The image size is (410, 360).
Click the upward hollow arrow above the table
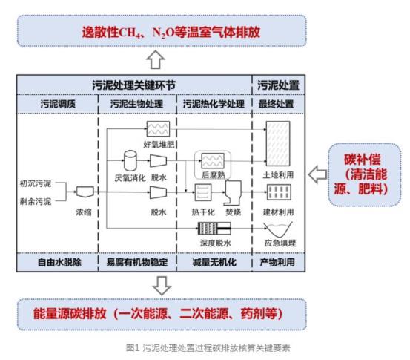click(x=156, y=59)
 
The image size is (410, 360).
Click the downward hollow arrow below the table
click(x=162, y=285)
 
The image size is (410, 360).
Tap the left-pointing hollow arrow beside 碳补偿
click(x=318, y=174)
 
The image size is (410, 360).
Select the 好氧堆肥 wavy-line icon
click(x=158, y=129)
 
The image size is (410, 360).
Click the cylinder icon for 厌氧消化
click(x=130, y=160)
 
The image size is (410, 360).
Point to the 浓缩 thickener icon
click(x=85, y=192)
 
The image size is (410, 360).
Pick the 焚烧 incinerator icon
click(x=233, y=193)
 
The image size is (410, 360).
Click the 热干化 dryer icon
click(x=203, y=192)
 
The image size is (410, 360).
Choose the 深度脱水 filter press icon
click(x=214, y=228)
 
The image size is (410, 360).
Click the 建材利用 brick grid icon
click(x=279, y=192)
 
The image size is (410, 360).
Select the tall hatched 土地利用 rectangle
click(x=278, y=143)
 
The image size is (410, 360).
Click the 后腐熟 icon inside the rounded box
click(x=213, y=161)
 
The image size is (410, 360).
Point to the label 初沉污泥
click(x=36, y=183)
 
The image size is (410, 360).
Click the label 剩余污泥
click(x=36, y=201)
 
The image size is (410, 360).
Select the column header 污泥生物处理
click(x=136, y=104)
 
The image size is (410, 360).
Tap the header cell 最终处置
click(x=276, y=104)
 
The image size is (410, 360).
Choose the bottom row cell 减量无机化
click(x=214, y=262)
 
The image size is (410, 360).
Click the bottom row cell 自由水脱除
click(x=59, y=262)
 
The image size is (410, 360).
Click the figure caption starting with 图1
click(x=208, y=348)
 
